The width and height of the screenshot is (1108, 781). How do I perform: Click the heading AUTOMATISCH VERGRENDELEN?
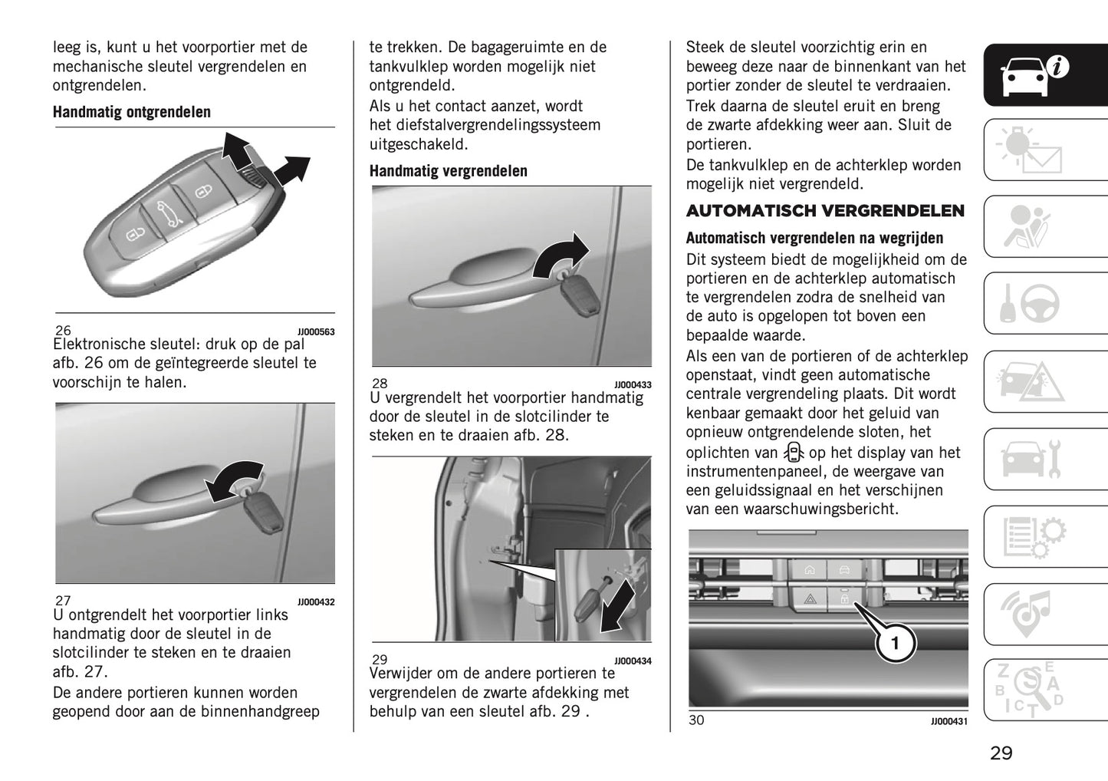click(x=825, y=211)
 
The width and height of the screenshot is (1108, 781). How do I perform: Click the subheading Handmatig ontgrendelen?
click(x=131, y=112)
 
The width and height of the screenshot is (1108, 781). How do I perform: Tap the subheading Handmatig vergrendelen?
click(x=448, y=171)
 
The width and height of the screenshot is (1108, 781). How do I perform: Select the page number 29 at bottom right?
click(x=1001, y=753)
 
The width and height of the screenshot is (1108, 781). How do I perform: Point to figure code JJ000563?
click(x=316, y=332)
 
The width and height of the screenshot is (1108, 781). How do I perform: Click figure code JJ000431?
click(x=949, y=721)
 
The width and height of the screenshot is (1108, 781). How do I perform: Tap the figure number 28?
click(x=380, y=384)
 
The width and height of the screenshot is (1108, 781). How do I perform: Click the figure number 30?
click(x=695, y=720)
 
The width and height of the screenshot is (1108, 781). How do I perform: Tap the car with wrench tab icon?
click(x=1031, y=459)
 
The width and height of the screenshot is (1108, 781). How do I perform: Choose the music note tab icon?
click(x=1031, y=614)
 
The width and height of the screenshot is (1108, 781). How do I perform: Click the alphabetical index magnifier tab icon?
click(x=1031, y=690)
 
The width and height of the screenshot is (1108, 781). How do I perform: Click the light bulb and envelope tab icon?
click(x=1031, y=150)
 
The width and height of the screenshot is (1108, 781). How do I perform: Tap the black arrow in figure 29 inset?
click(x=618, y=606)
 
